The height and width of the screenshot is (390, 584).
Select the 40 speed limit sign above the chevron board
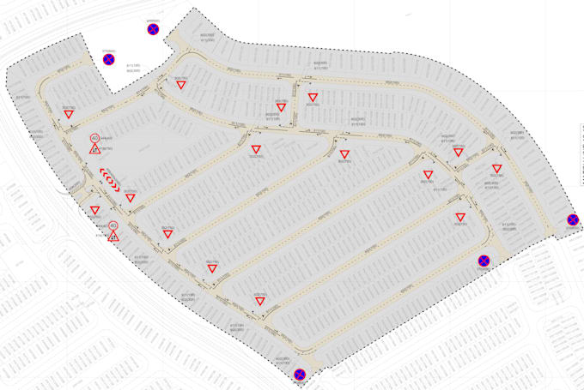coord(94,138)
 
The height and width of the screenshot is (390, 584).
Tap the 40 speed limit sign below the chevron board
coord(113,225)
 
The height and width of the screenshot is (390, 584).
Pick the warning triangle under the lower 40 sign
coord(113,236)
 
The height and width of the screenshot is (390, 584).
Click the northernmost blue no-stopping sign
coord(153,30)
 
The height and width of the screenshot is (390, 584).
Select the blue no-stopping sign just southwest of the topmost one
coord(108,60)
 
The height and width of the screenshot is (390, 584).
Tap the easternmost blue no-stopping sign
coord(573,220)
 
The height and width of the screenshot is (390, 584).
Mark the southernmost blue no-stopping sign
coord(299,374)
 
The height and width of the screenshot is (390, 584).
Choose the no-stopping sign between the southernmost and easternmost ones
coord(484,261)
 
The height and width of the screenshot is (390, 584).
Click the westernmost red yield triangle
coord(68,113)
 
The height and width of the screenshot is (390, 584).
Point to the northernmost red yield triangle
coord(180,85)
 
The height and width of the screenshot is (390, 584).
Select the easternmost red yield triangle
coord(496,169)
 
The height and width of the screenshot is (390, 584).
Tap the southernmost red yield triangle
coord(259,301)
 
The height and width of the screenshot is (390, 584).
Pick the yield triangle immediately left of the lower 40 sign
coord(94,210)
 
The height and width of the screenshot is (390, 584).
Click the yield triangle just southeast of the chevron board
coord(131,198)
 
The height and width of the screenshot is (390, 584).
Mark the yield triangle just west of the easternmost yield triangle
coord(459,153)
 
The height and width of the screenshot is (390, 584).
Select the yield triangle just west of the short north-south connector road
coord(281,108)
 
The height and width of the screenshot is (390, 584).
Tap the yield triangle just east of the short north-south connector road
coord(312,97)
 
